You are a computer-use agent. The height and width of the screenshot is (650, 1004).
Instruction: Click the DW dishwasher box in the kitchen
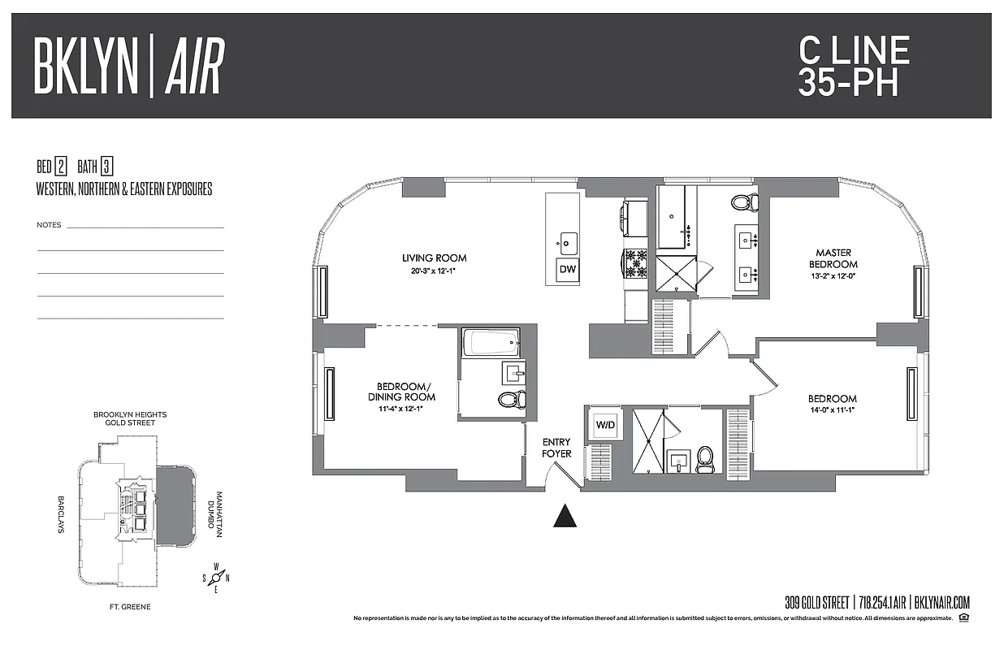(568, 270)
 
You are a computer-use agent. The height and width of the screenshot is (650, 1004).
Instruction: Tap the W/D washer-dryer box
(605, 424)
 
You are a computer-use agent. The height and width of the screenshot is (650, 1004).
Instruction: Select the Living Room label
(434, 258)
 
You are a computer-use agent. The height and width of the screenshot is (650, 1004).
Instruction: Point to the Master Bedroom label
(833, 258)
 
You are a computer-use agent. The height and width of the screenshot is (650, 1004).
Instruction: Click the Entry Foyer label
(556, 448)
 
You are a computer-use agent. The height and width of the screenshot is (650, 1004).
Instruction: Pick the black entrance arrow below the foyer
(565, 516)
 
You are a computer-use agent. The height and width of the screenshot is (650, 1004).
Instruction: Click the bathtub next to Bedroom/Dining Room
(491, 342)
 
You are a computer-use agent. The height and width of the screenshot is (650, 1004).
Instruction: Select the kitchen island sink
(568, 241)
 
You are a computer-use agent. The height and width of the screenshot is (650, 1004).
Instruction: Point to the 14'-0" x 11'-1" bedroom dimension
(833, 411)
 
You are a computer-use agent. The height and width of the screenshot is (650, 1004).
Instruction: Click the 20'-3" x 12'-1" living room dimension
(434, 271)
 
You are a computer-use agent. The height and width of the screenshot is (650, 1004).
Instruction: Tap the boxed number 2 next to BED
(61, 167)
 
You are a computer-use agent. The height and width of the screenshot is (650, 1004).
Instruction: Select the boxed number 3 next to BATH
(106, 167)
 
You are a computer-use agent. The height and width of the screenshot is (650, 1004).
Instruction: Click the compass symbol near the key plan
(216, 578)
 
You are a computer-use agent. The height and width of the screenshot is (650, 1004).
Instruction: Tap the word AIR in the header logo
(193, 67)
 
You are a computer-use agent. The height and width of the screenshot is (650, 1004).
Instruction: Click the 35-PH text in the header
(848, 82)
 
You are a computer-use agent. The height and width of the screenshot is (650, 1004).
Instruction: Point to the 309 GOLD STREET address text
(817, 603)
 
